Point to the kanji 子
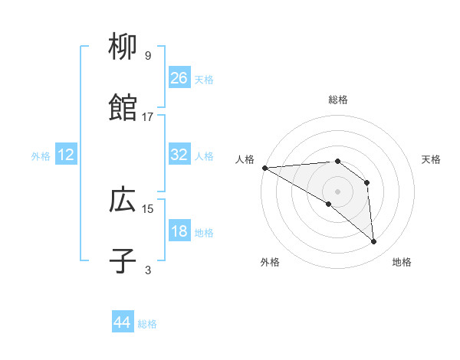(123, 260)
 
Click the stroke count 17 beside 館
(148, 116)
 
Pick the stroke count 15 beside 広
(148, 208)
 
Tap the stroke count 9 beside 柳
(148, 56)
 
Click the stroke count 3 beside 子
(148, 270)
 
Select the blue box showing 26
(179, 78)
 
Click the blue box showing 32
(179, 155)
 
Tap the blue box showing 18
(179, 231)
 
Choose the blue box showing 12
(66, 155)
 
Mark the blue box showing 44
(123, 323)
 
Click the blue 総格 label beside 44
(147, 324)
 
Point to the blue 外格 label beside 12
(41, 155)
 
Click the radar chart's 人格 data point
(264, 167)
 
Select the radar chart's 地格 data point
(374, 242)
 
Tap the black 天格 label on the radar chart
(432, 159)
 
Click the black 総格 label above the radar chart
(338, 100)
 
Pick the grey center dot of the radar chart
(337, 191)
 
